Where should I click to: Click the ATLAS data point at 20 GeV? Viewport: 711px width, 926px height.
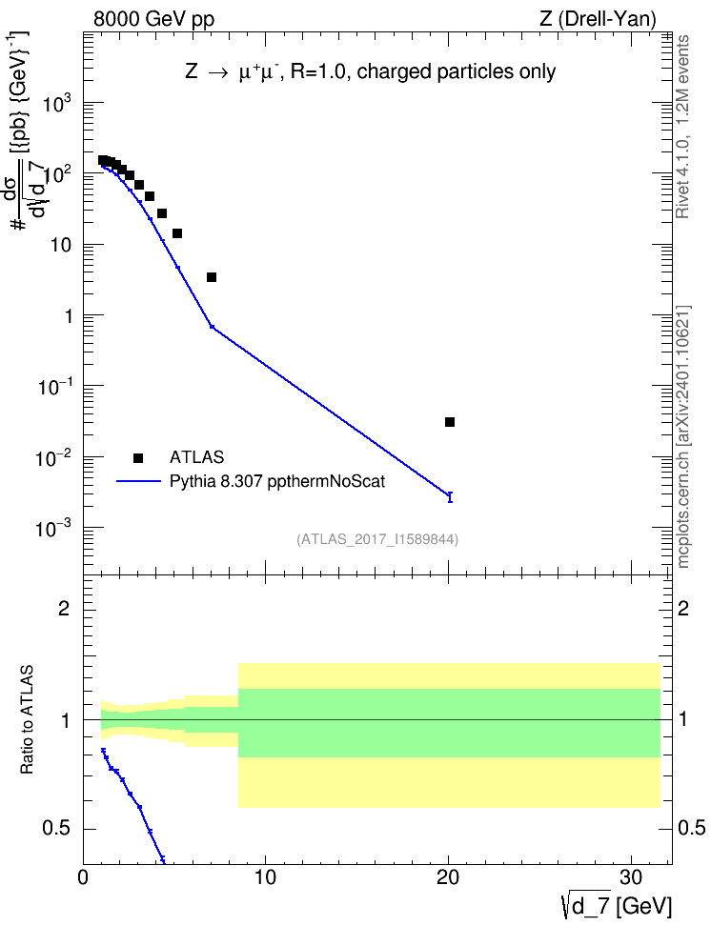coord(450,422)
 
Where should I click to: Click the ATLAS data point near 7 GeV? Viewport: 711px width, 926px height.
coord(212,277)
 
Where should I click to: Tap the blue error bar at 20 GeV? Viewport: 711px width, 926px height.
coord(450,496)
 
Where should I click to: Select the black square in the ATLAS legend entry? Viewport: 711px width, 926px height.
coord(138,457)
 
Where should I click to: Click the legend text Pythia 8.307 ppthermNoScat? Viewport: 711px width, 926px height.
coord(277,481)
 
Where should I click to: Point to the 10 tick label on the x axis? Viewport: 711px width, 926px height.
coord(265,877)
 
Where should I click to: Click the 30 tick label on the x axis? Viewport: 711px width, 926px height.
coord(631,877)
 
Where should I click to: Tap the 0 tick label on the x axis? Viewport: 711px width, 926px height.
coord(83,877)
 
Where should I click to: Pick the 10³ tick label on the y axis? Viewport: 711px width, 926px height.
coord(57,105)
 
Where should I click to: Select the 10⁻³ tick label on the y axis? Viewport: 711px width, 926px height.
coord(53,529)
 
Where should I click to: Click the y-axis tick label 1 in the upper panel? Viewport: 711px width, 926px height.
coord(69,316)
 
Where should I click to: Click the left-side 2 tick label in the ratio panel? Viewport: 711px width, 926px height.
coord(64,608)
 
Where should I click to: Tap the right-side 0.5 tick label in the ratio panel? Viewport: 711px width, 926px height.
coord(692,828)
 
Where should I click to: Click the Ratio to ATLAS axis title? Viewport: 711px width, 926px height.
coord(27,720)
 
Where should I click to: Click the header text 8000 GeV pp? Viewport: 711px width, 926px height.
coord(153,19)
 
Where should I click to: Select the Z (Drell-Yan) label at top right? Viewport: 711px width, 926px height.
coord(598,19)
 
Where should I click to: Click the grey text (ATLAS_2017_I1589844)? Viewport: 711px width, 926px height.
coord(377,539)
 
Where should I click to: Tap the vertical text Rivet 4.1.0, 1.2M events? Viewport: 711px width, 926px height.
coord(682,127)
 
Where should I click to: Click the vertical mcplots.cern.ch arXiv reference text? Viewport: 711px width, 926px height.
coord(683,437)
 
